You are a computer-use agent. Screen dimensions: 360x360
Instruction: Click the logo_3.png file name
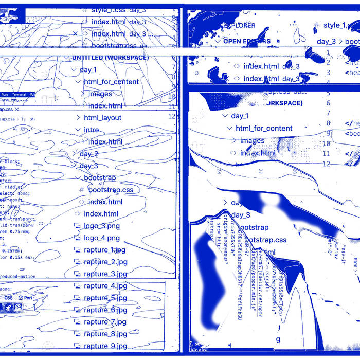[x=102, y=226]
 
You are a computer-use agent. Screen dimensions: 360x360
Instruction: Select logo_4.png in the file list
[x=102, y=238]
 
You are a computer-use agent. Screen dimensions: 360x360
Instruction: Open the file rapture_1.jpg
[x=105, y=250]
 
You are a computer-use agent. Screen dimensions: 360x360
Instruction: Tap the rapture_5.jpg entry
[x=105, y=298]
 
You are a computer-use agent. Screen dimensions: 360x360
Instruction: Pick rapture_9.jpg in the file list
[x=105, y=346]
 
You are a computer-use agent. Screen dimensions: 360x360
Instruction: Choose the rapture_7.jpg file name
[x=105, y=322]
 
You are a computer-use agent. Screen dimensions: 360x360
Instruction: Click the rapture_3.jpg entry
[x=105, y=274]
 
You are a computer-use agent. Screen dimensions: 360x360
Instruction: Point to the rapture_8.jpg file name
[x=105, y=334]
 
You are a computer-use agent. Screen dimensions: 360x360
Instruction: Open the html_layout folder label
[x=103, y=118]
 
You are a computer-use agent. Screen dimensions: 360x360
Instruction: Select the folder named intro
[x=92, y=130]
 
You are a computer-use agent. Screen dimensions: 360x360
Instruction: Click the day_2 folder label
[x=88, y=154]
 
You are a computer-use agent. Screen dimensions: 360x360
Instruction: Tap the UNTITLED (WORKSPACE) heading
[x=110, y=58]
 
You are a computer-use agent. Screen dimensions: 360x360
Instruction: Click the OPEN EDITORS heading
[x=246, y=41]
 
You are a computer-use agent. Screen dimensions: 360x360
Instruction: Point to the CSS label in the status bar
[x=9, y=298]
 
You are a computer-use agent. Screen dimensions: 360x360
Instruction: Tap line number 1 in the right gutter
[x=328, y=53]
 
